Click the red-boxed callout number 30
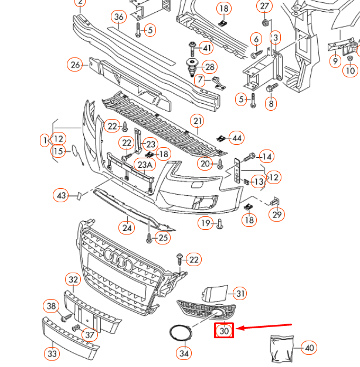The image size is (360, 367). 224,331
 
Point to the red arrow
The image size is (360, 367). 267,327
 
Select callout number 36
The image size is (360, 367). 119,16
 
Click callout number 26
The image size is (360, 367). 75,64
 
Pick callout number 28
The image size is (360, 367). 209,66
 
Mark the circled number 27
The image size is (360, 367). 264,6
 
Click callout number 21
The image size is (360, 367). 198,121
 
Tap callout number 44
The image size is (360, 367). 236,138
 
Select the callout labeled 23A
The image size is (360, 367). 144,165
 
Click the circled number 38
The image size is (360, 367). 52,305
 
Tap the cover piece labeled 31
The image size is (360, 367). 215,293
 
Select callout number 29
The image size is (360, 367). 277,215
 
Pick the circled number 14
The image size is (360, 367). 266,157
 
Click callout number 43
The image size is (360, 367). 62,195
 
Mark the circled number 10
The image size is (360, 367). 350,71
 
